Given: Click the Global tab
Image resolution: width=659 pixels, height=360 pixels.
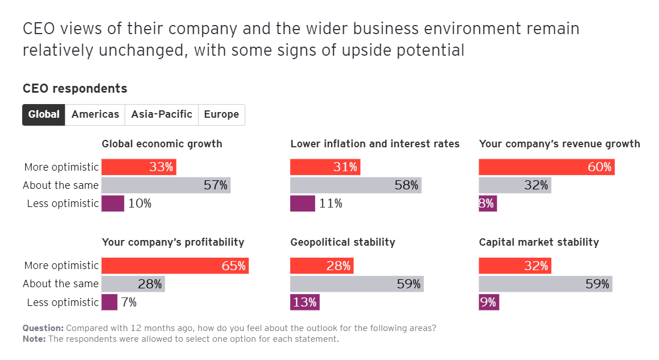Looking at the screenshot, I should pyautogui.click(x=44, y=114).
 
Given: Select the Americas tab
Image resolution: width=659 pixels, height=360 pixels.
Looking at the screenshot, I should pyautogui.click(x=95, y=114).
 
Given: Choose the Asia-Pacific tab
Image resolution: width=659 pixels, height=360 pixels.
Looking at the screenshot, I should pyautogui.click(x=162, y=114).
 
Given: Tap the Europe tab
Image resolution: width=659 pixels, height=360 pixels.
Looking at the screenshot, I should pyautogui.click(x=221, y=114).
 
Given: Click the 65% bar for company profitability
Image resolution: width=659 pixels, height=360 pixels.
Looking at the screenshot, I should pyautogui.click(x=175, y=266).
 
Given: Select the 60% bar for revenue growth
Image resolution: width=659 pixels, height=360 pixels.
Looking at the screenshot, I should pyautogui.click(x=546, y=167).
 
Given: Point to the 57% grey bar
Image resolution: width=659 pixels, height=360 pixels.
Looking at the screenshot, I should pyautogui.click(x=166, y=185).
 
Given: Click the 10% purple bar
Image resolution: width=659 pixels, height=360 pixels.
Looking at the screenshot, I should pyautogui.click(x=113, y=204).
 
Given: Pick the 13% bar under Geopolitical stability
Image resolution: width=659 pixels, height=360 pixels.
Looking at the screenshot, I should pyautogui.click(x=305, y=302).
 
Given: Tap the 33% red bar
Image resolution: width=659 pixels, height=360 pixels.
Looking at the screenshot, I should pyautogui.click(x=139, y=167).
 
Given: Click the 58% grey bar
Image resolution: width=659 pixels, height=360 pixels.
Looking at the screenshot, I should pyautogui.click(x=356, y=185).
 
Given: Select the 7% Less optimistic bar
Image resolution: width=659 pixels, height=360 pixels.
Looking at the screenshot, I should pyautogui.click(x=110, y=302).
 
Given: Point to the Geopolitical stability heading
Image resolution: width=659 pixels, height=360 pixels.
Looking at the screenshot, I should pyautogui.click(x=343, y=242).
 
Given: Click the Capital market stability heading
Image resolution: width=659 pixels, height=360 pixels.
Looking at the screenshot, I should pyautogui.click(x=539, y=242).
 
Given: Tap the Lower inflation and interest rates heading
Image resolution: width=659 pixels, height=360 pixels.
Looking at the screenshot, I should pyautogui.click(x=375, y=144).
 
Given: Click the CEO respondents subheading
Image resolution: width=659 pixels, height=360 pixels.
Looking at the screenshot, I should pyautogui.click(x=75, y=89).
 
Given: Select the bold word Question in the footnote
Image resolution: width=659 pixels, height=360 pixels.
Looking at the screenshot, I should pyautogui.click(x=43, y=328).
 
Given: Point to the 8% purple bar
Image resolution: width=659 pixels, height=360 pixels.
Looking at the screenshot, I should pyautogui.click(x=488, y=204).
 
